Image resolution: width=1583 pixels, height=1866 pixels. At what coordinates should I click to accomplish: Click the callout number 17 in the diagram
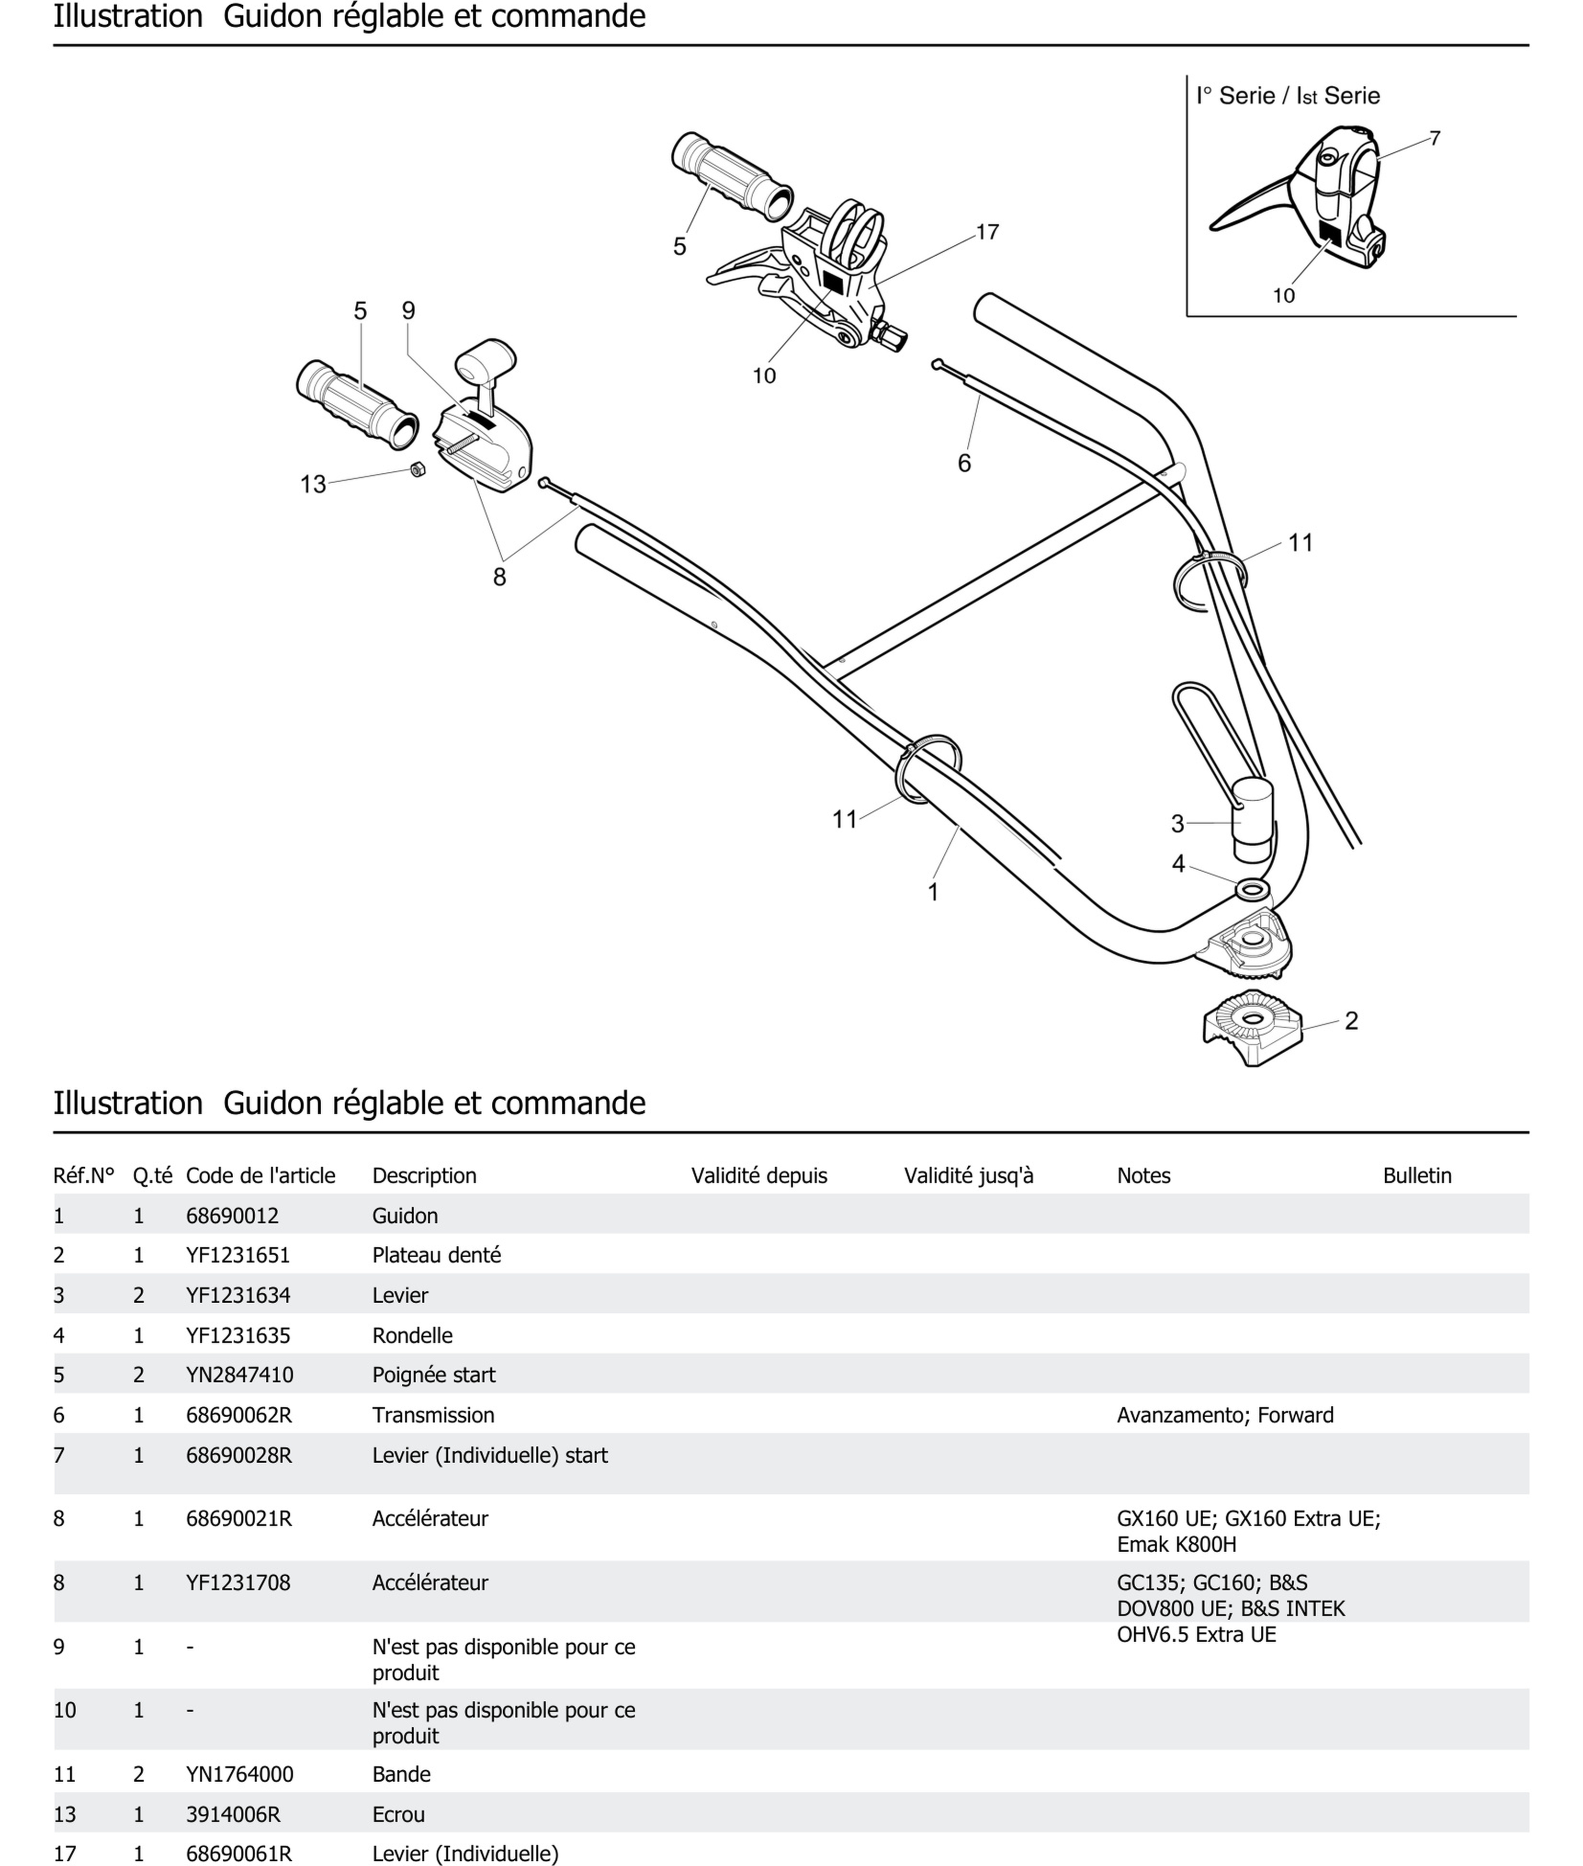[987, 232]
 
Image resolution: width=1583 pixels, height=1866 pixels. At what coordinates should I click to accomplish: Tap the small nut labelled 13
[417, 469]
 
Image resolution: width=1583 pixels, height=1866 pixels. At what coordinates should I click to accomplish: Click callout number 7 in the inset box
[1435, 138]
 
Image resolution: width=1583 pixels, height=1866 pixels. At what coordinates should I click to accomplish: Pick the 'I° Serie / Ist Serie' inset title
[1288, 96]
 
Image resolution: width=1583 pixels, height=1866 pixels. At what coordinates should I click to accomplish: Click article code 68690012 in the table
[232, 1215]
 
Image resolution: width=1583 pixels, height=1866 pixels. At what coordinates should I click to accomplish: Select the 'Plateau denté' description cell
[436, 1255]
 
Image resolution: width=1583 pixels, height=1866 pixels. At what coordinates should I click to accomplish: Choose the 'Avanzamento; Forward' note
[1225, 1414]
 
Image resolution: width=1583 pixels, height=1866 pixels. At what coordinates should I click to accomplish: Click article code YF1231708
[238, 1582]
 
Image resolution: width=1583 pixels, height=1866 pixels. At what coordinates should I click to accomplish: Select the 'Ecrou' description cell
[398, 1814]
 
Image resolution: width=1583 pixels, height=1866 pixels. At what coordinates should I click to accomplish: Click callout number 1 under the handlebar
[933, 892]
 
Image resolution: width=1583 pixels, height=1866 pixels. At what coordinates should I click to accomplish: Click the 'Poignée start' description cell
[433, 1374]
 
